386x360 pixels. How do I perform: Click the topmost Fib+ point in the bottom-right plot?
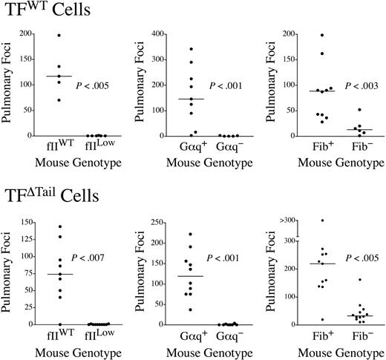pyautogui.click(x=321, y=220)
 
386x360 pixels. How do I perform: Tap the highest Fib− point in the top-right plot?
pyautogui.click(x=359, y=110)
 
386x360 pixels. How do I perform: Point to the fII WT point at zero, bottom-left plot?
pyautogui.click(x=59, y=324)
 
